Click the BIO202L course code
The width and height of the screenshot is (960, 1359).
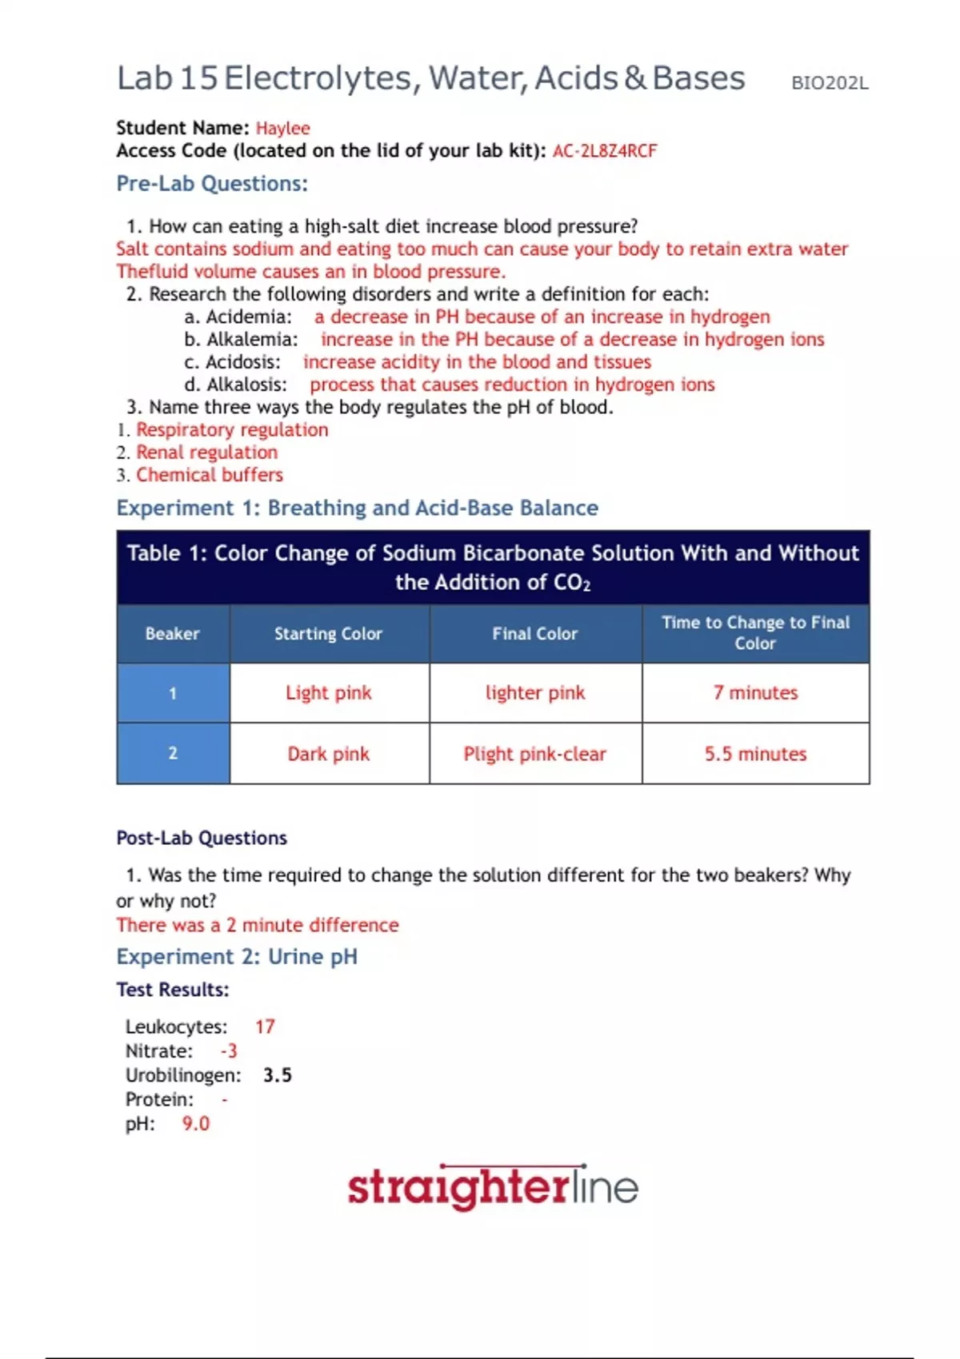click(829, 83)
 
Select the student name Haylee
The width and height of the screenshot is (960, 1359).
click(282, 128)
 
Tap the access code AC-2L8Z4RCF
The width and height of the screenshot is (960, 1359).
click(604, 151)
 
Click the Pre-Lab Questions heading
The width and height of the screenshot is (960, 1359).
click(212, 184)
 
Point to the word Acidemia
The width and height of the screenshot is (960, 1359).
click(248, 317)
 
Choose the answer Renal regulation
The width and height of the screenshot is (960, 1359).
click(206, 452)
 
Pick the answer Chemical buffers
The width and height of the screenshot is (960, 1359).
click(210, 475)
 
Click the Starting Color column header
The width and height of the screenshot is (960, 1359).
click(328, 634)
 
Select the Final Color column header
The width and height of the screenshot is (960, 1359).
click(534, 634)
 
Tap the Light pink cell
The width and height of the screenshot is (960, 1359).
click(328, 693)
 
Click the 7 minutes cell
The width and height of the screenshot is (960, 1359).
click(755, 693)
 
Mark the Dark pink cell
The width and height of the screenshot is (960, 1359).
click(328, 754)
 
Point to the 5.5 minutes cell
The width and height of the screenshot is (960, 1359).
click(755, 754)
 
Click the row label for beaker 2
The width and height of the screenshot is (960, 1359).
click(173, 753)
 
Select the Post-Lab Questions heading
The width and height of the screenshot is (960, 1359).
click(202, 838)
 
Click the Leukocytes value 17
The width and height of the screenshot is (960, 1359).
click(265, 1026)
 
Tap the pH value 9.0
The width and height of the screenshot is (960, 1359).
click(195, 1124)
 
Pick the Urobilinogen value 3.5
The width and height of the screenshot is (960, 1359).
click(277, 1075)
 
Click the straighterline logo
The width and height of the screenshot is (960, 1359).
click(492, 1187)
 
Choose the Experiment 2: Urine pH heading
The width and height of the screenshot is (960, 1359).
click(237, 957)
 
